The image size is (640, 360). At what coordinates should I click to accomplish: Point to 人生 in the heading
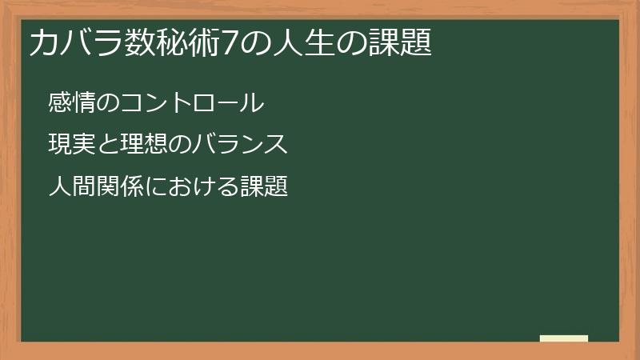(x=283, y=43)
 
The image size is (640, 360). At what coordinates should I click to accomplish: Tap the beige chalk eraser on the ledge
(x=564, y=338)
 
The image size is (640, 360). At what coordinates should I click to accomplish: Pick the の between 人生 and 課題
(x=342, y=43)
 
